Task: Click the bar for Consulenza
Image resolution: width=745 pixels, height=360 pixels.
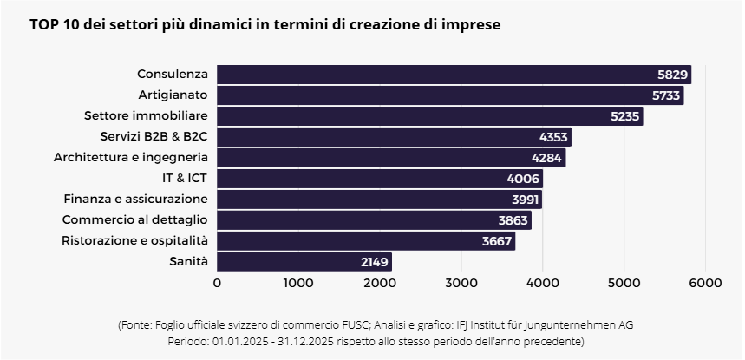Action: click(434, 75)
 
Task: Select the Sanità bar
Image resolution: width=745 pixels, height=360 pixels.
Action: click(304, 261)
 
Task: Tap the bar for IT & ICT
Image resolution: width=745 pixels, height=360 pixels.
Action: click(379, 179)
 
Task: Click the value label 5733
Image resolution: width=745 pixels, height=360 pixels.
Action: click(666, 95)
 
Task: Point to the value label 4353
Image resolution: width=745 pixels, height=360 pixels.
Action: click(553, 137)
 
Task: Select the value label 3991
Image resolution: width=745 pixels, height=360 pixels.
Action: click(526, 200)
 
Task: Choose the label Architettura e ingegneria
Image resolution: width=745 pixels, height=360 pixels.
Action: click(131, 157)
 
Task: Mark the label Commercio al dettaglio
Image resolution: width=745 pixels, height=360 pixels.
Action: click(135, 219)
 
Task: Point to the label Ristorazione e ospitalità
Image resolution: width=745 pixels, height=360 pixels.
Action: click(135, 240)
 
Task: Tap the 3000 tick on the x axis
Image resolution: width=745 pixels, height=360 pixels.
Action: click(461, 282)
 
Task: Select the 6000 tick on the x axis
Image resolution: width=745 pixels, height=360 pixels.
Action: click(705, 282)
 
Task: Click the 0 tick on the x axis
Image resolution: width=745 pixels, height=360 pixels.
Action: click(217, 282)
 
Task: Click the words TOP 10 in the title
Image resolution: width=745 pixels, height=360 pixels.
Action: click(51, 25)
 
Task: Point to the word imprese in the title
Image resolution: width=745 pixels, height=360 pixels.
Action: click(469, 25)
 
